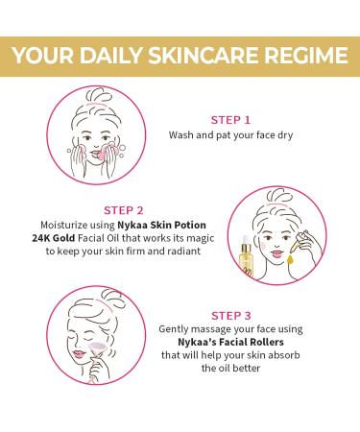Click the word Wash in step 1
pyautogui.click(x=182, y=136)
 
